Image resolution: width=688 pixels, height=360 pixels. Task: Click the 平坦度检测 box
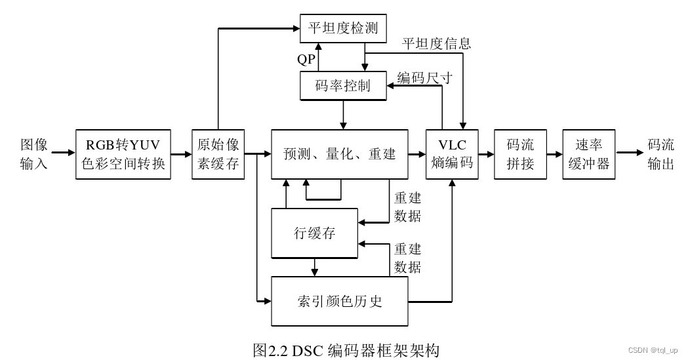tap(343, 29)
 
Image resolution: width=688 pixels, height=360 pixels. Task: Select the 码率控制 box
tap(343, 85)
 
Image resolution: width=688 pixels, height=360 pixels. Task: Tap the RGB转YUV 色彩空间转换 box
tap(124, 154)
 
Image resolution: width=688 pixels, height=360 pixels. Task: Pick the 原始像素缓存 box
tap(218, 154)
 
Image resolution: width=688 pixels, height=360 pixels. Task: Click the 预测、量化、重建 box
tap(340, 154)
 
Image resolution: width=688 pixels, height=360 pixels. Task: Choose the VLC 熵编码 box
tap(452, 154)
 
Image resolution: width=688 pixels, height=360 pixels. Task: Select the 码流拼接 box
tap(521, 154)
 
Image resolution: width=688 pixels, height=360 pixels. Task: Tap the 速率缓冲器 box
tap(589, 154)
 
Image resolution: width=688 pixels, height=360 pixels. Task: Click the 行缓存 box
tap(315, 233)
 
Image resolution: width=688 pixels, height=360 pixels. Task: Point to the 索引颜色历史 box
tap(340, 301)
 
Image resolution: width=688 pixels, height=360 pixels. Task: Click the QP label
tap(306, 60)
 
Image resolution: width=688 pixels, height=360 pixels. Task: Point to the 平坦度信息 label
tap(436, 44)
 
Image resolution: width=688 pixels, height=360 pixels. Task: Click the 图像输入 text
tap(34, 154)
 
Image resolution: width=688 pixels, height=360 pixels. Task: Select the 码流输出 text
tap(661, 154)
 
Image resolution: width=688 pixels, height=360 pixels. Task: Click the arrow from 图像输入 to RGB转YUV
tap(64, 153)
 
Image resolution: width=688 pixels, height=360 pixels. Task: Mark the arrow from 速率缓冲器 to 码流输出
tap(630, 153)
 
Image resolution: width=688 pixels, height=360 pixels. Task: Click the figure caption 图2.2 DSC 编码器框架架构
tap(346, 350)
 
